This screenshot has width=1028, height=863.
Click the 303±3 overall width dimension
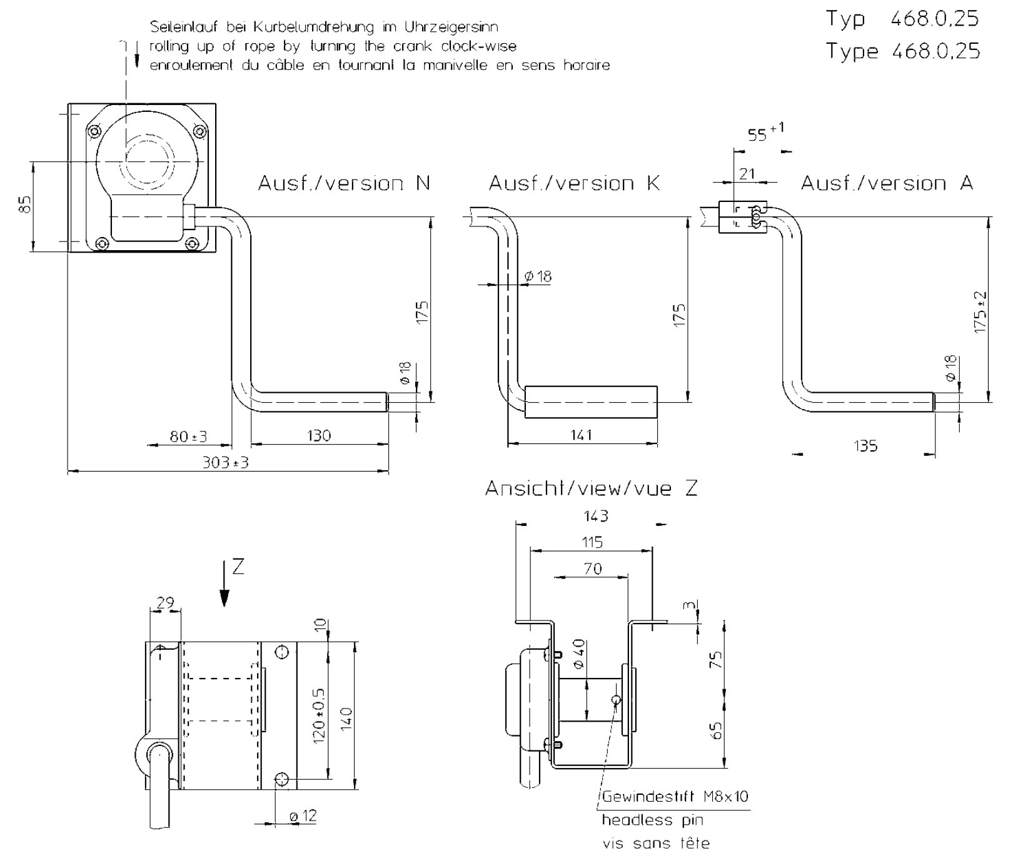(x=226, y=463)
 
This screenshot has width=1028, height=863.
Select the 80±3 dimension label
(x=188, y=437)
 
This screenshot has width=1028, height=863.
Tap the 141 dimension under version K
(x=581, y=435)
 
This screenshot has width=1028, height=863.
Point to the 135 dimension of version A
(x=865, y=446)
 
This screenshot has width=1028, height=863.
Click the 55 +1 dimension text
(x=765, y=133)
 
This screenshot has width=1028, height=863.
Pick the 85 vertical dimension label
(x=24, y=204)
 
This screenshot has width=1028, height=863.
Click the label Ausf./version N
(x=344, y=183)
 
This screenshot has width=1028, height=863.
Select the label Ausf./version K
(x=574, y=183)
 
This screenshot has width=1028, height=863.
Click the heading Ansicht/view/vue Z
(x=591, y=488)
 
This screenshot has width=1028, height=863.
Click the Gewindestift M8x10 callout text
(x=675, y=797)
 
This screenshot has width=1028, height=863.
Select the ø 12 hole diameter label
(x=303, y=816)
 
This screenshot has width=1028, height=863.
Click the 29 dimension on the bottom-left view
(x=165, y=603)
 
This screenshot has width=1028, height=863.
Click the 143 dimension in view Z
(x=595, y=516)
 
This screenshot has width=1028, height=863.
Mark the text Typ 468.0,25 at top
(x=902, y=19)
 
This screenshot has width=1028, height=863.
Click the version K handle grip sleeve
(x=591, y=403)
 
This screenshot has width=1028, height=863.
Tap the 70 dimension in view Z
(x=592, y=568)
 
